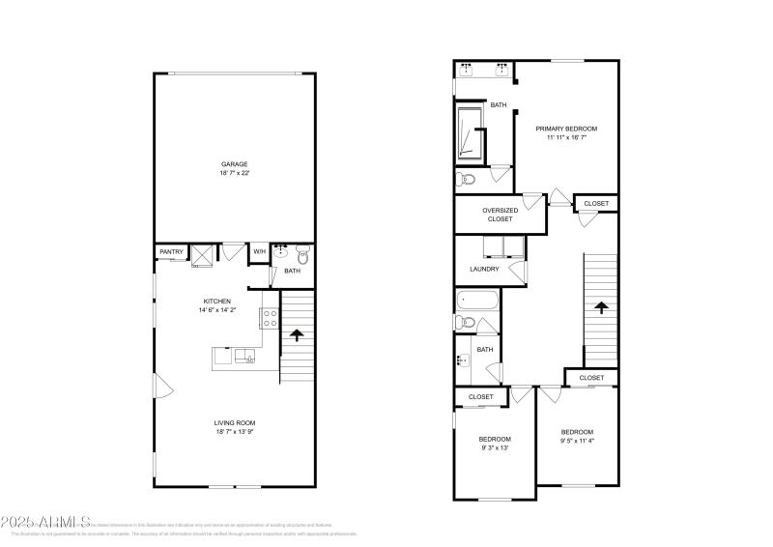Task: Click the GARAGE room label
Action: click(x=234, y=164)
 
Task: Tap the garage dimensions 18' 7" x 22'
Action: click(x=234, y=174)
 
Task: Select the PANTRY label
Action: click(x=171, y=252)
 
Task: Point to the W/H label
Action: click(x=259, y=252)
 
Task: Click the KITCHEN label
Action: click(x=215, y=302)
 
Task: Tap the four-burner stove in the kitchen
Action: click(x=268, y=318)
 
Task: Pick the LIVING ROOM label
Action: click(x=234, y=422)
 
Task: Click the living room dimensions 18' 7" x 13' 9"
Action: click(x=234, y=433)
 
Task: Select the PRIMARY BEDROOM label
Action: click(x=566, y=129)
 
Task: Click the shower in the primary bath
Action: click(x=470, y=132)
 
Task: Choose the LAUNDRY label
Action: click(x=484, y=269)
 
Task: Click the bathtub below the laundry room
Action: click(x=477, y=301)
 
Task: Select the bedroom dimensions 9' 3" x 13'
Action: click(x=495, y=448)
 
